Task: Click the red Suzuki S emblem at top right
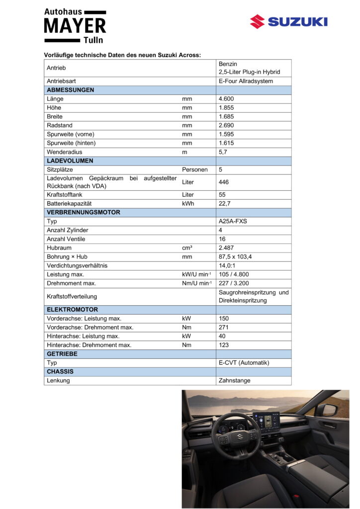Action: [257, 21]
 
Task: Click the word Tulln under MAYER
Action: [93, 40]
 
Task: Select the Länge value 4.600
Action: [226, 99]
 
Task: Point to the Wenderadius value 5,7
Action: [223, 152]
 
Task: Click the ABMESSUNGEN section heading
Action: [70, 90]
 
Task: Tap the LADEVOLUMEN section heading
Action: [70, 161]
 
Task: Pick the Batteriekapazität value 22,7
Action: [225, 204]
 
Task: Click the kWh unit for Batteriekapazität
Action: [188, 204]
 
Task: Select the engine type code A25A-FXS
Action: [233, 221]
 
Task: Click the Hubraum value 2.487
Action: [226, 248]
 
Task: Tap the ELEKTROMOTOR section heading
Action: [72, 310]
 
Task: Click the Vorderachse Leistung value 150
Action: [224, 319]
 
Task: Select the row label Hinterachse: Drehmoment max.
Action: [89, 345]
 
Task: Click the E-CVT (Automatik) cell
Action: [244, 363]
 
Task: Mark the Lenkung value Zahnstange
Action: [235, 381]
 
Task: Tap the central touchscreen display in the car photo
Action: [267, 423]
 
